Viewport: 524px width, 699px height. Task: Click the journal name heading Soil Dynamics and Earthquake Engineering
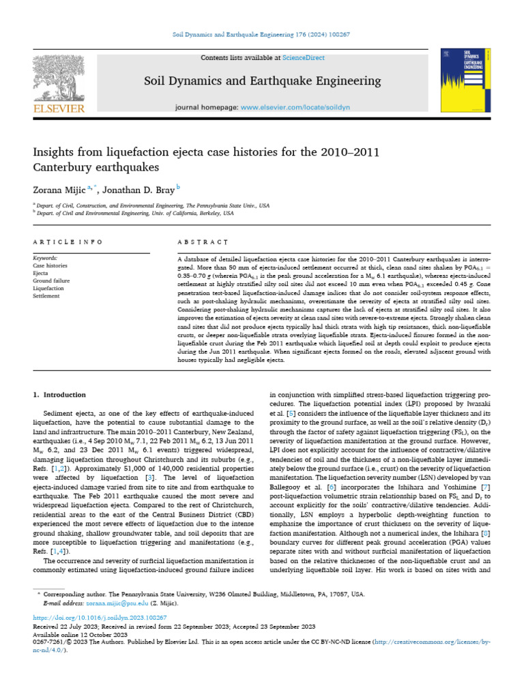[262, 81]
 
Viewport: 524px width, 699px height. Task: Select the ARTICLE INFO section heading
[68, 242]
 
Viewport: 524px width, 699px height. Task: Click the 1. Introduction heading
[60, 395]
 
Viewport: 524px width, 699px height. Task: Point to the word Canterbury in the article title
[64, 167]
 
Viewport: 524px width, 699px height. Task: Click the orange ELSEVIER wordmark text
[59, 109]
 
